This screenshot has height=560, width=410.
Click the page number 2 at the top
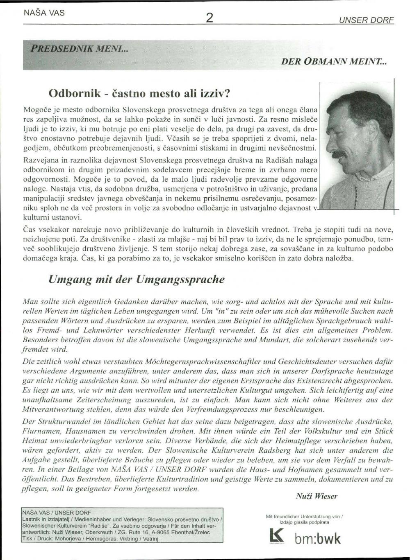point(210,18)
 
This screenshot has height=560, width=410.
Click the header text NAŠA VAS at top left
point(39,13)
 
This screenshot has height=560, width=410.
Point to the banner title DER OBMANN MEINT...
point(334,62)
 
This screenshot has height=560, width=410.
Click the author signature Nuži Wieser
point(317,496)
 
